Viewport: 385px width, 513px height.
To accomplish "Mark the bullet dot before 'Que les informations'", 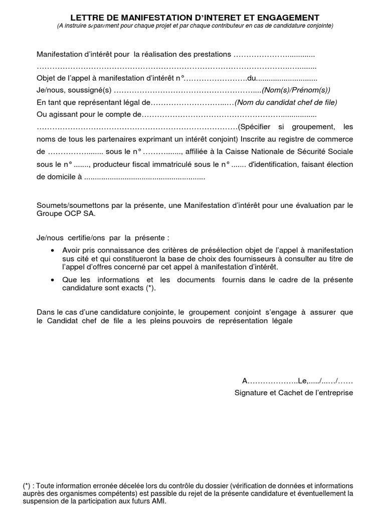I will point(54,280).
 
